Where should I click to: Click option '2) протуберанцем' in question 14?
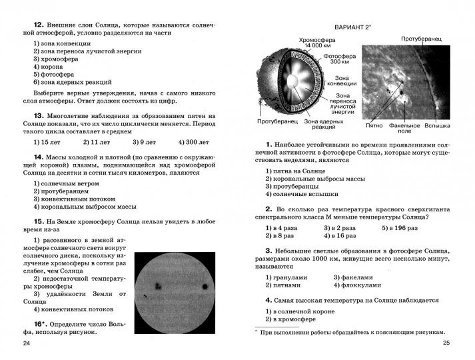pyautogui.click(x=61, y=191)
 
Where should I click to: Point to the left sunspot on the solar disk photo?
pyautogui.click(x=159, y=285)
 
